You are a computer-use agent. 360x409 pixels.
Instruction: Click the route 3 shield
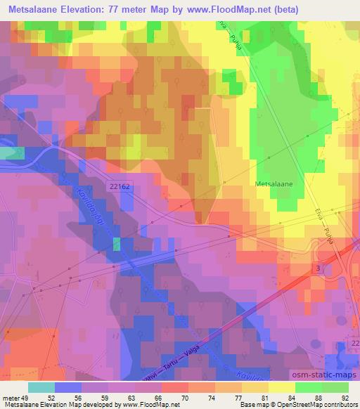pos(319,268)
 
